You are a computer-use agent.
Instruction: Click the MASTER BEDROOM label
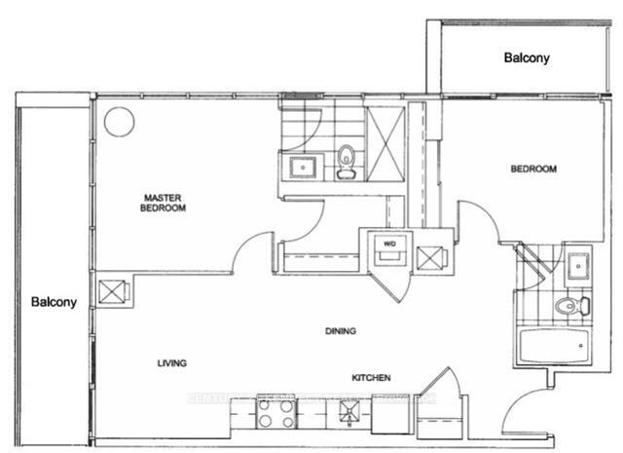click(163, 202)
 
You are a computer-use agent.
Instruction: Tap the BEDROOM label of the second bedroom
click(533, 169)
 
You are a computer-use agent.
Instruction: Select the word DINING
click(340, 331)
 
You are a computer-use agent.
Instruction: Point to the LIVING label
click(171, 362)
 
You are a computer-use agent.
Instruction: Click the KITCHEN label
click(372, 377)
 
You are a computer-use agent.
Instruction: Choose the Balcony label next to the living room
click(52, 301)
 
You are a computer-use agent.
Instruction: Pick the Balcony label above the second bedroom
click(527, 57)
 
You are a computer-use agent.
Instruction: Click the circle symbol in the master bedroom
click(119, 122)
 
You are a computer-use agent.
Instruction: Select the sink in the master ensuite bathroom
click(303, 167)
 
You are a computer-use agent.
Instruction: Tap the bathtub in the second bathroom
click(552, 346)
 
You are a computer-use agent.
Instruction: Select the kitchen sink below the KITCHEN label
click(347, 413)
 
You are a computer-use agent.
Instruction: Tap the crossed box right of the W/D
click(429, 259)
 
